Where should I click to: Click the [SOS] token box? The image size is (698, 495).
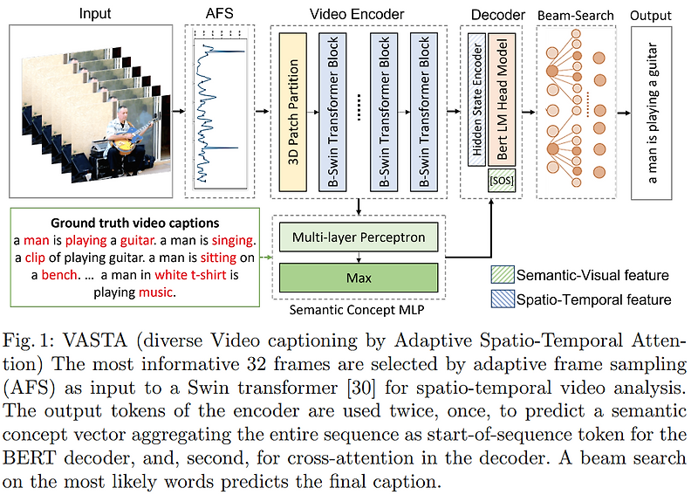[501, 182]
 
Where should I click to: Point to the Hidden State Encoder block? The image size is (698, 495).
[476, 100]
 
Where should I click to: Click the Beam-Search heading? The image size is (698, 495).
[575, 16]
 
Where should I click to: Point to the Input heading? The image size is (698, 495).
[96, 15]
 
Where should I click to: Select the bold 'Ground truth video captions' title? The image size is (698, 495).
[134, 223]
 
